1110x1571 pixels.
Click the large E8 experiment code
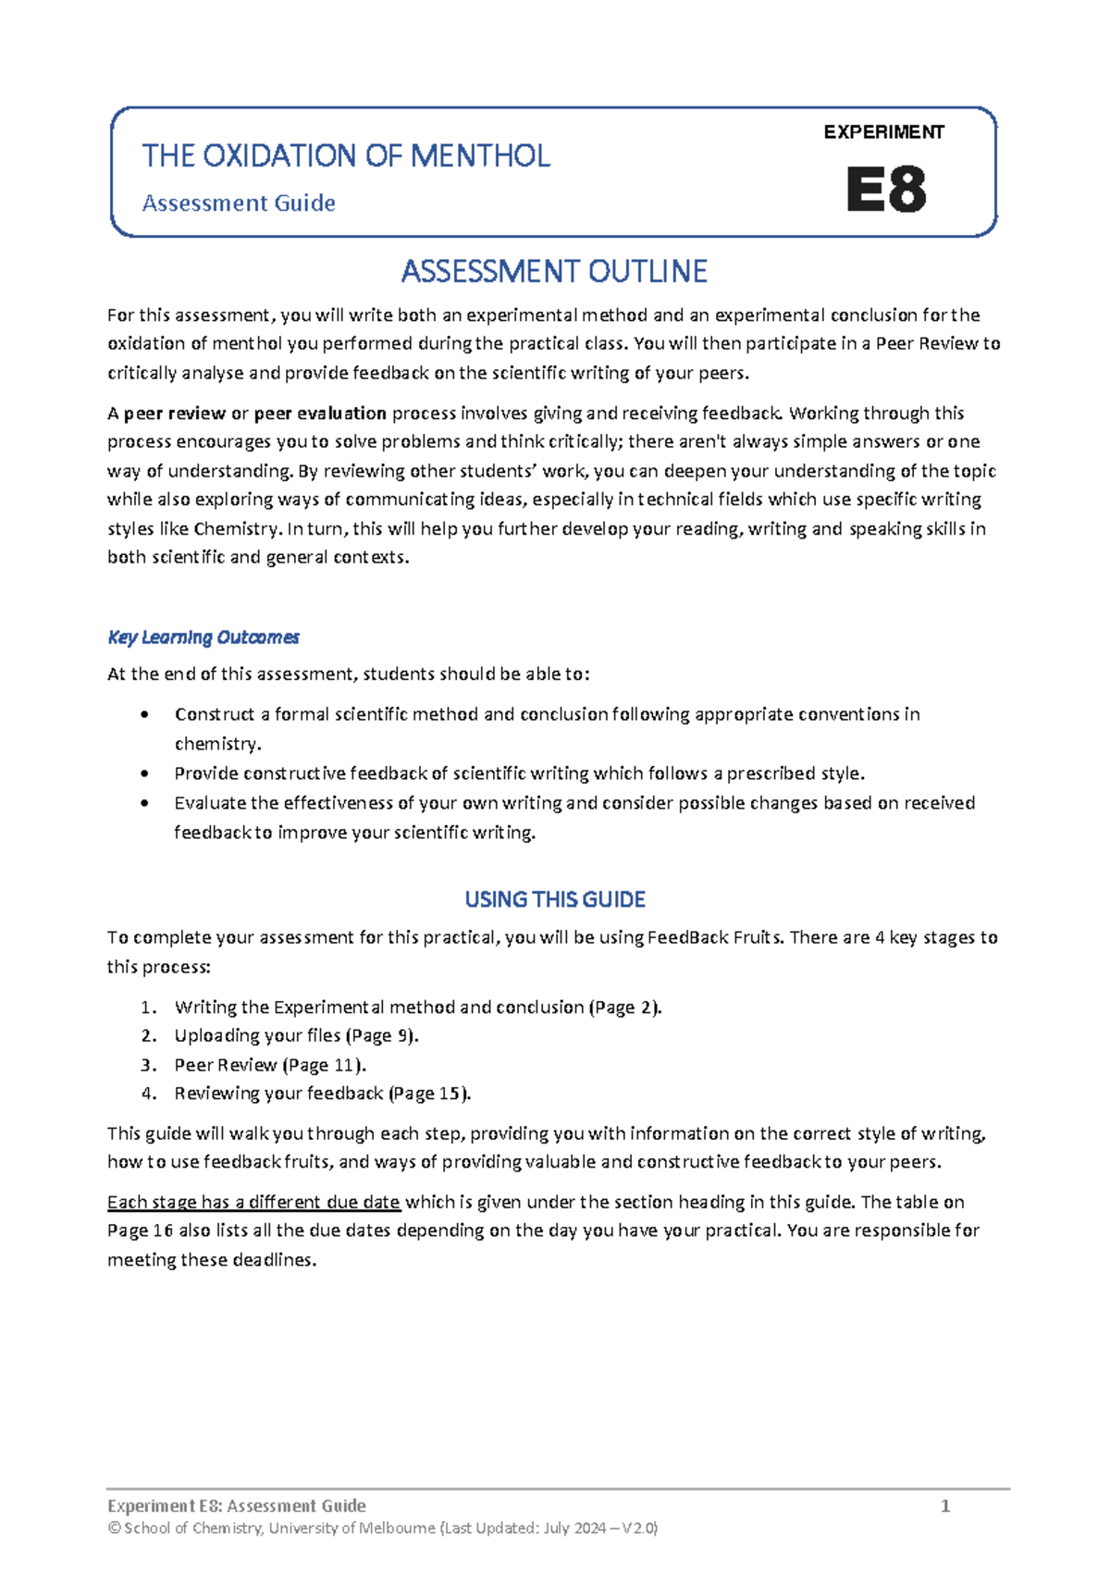(885, 190)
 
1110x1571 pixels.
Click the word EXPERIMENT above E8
(883, 132)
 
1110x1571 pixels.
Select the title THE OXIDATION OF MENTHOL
(346, 155)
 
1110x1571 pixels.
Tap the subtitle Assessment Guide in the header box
(239, 203)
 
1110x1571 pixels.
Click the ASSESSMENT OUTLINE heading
(554, 271)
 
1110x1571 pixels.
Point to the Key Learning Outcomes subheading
(203, 637)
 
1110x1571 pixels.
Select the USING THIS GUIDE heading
(554, 899)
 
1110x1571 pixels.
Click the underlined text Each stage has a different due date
(253, 1202)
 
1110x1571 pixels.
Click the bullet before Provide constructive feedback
(143, 773)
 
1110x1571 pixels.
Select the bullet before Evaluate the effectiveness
(143, 803)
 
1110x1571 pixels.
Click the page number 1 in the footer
(944, 1505)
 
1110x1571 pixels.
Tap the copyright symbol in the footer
(114, 1528)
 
